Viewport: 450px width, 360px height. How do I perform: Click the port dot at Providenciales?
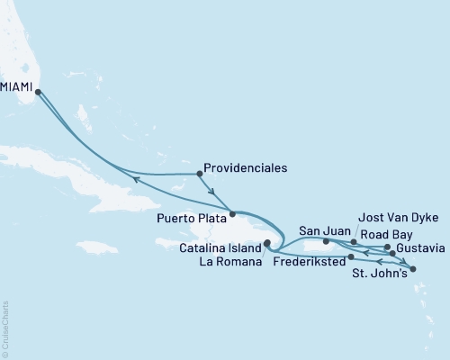pos(198,174)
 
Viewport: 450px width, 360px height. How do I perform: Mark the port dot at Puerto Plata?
pos(232,214)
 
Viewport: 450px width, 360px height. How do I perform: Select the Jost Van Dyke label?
pos(391,217)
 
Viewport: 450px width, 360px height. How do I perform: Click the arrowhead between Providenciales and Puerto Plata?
pos(212,191)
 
